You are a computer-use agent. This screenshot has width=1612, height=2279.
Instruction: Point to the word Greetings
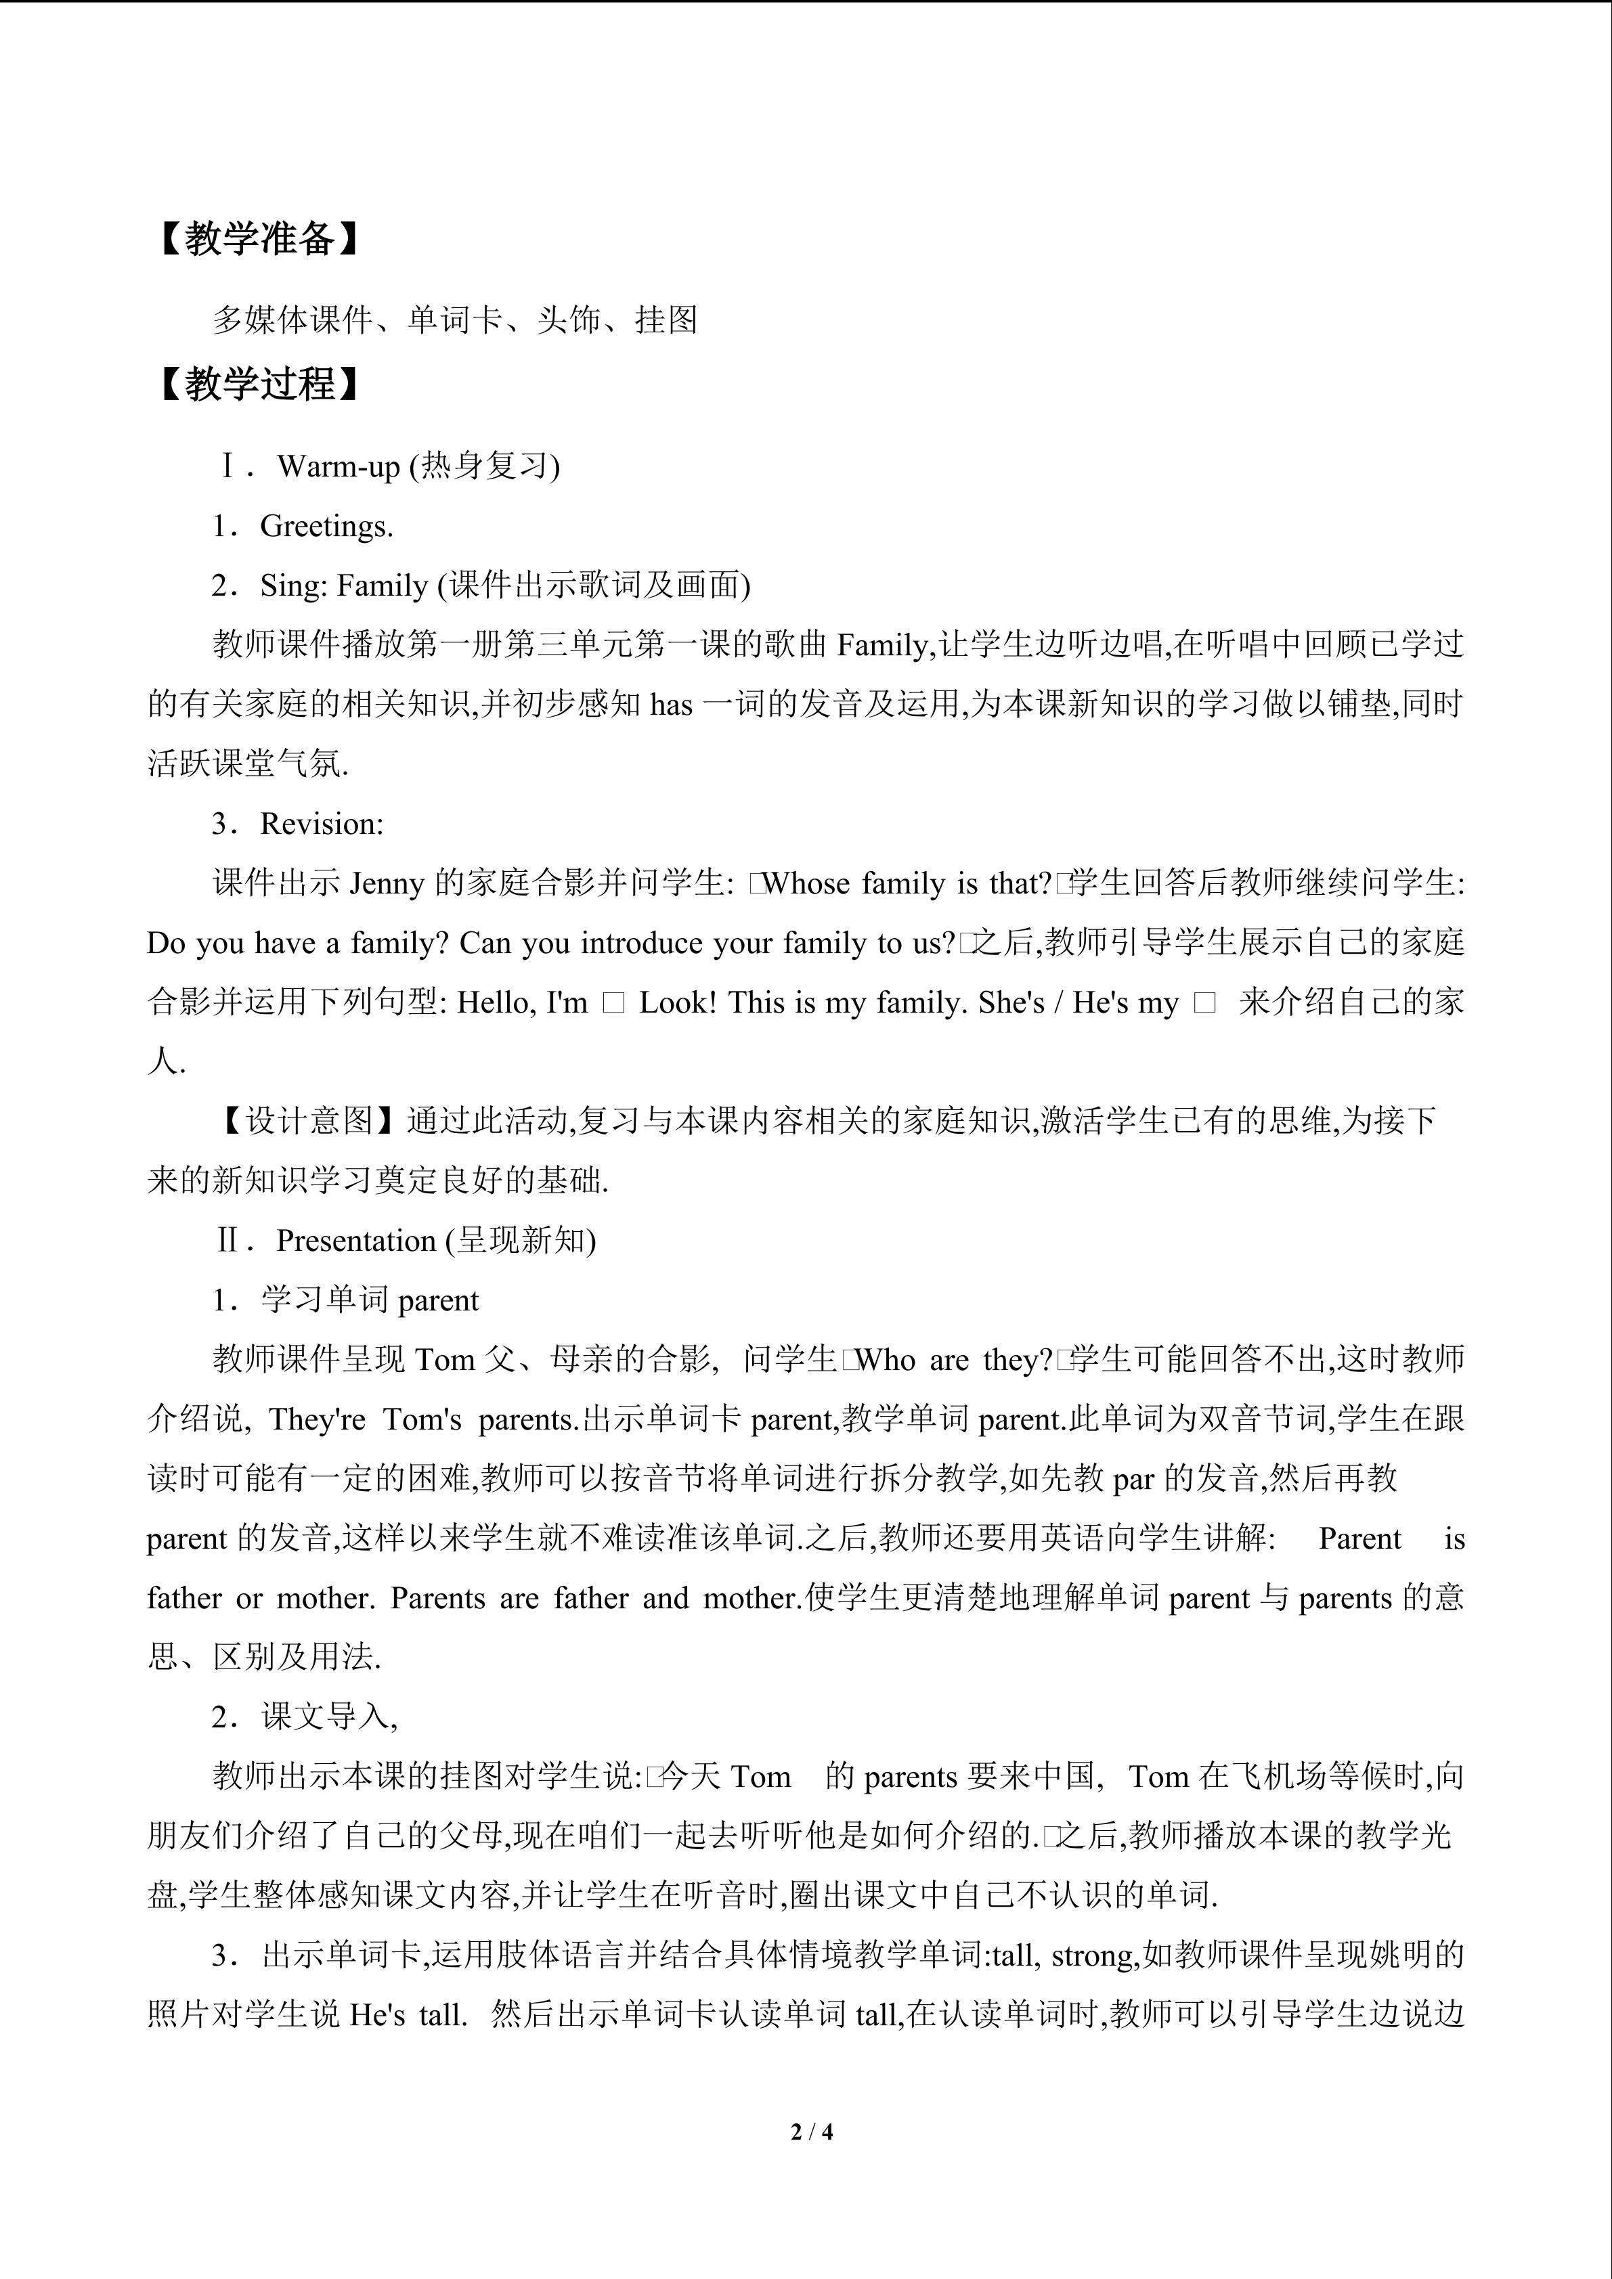click(326, 526)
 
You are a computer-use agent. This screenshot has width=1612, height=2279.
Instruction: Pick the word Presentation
click(356, 1241)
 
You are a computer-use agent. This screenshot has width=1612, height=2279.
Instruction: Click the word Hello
click(494, 1002)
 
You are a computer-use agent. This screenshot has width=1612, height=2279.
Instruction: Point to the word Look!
click(677, 1002)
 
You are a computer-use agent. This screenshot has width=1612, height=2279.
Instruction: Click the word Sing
click(293, 585)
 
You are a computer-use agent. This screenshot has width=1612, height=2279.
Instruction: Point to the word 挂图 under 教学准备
click(667, 319)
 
